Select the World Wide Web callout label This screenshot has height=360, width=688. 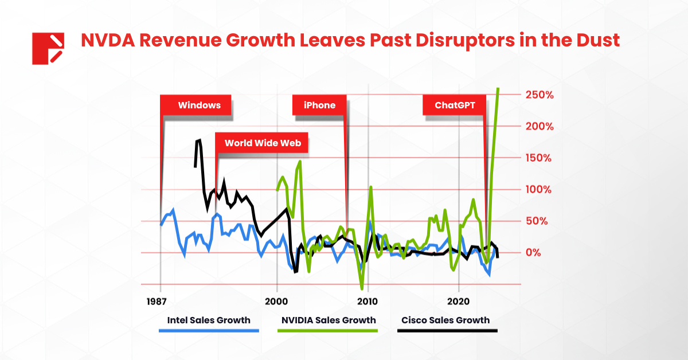click(262, 143)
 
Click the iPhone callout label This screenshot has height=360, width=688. click(319, 105)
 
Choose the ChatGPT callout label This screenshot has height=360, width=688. click(455, 105)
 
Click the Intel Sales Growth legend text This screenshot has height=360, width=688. click(209, 320)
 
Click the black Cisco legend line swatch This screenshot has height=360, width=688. click(447, 331)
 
